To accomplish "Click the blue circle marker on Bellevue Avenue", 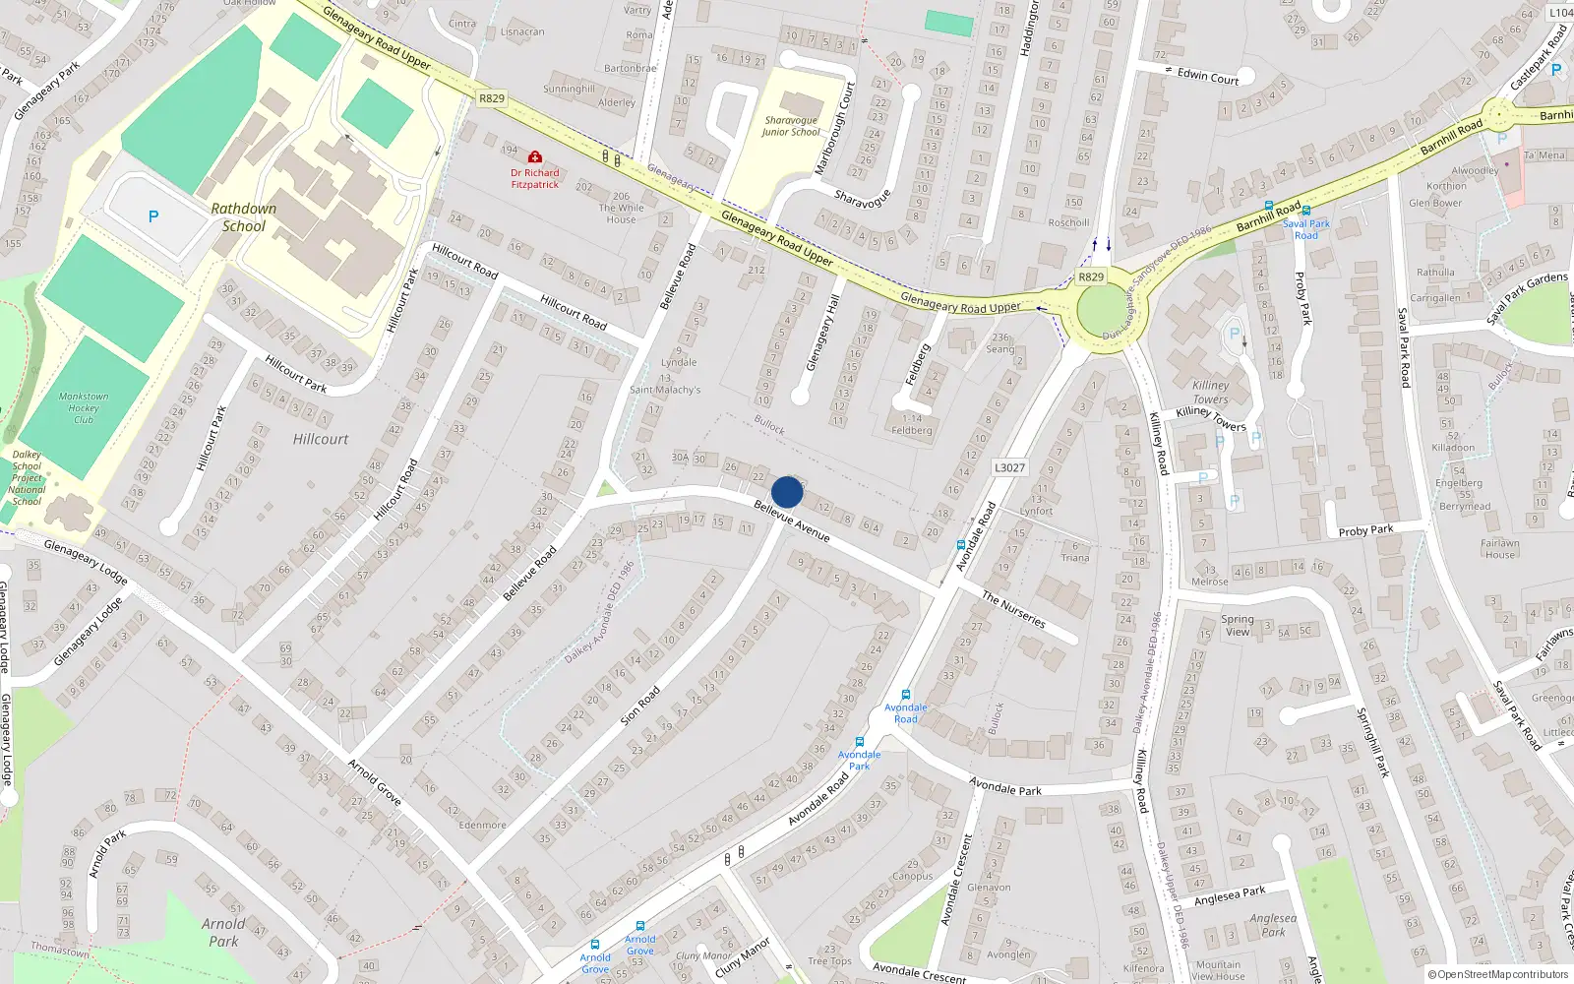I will (x=787, y=492).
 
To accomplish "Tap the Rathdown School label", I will (x=244, y=217).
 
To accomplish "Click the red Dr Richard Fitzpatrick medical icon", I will (x=535, y=157).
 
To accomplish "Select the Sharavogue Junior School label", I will (x=791, y=126).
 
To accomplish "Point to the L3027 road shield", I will (x=1009, y=467).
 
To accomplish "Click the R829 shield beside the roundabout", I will (x=1091, y=277).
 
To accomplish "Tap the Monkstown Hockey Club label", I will (x=84, y=407).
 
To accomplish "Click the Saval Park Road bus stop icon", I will (x=1305, y=211).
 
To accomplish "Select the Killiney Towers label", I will (x=1211, y=393).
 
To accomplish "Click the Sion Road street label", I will (x=640, y=707).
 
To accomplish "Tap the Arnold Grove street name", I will (x=374, y=782).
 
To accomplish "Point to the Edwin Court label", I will (x=1208, y=77).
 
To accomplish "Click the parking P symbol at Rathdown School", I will (x=152, y=216).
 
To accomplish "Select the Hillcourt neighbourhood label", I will (x=321, y=439).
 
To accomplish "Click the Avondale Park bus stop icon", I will (x=860, y=742).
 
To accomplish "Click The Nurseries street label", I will (x=1013, y=609).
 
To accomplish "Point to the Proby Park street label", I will (x=1365, y=530).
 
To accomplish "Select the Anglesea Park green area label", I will (x=1273, y=925).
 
